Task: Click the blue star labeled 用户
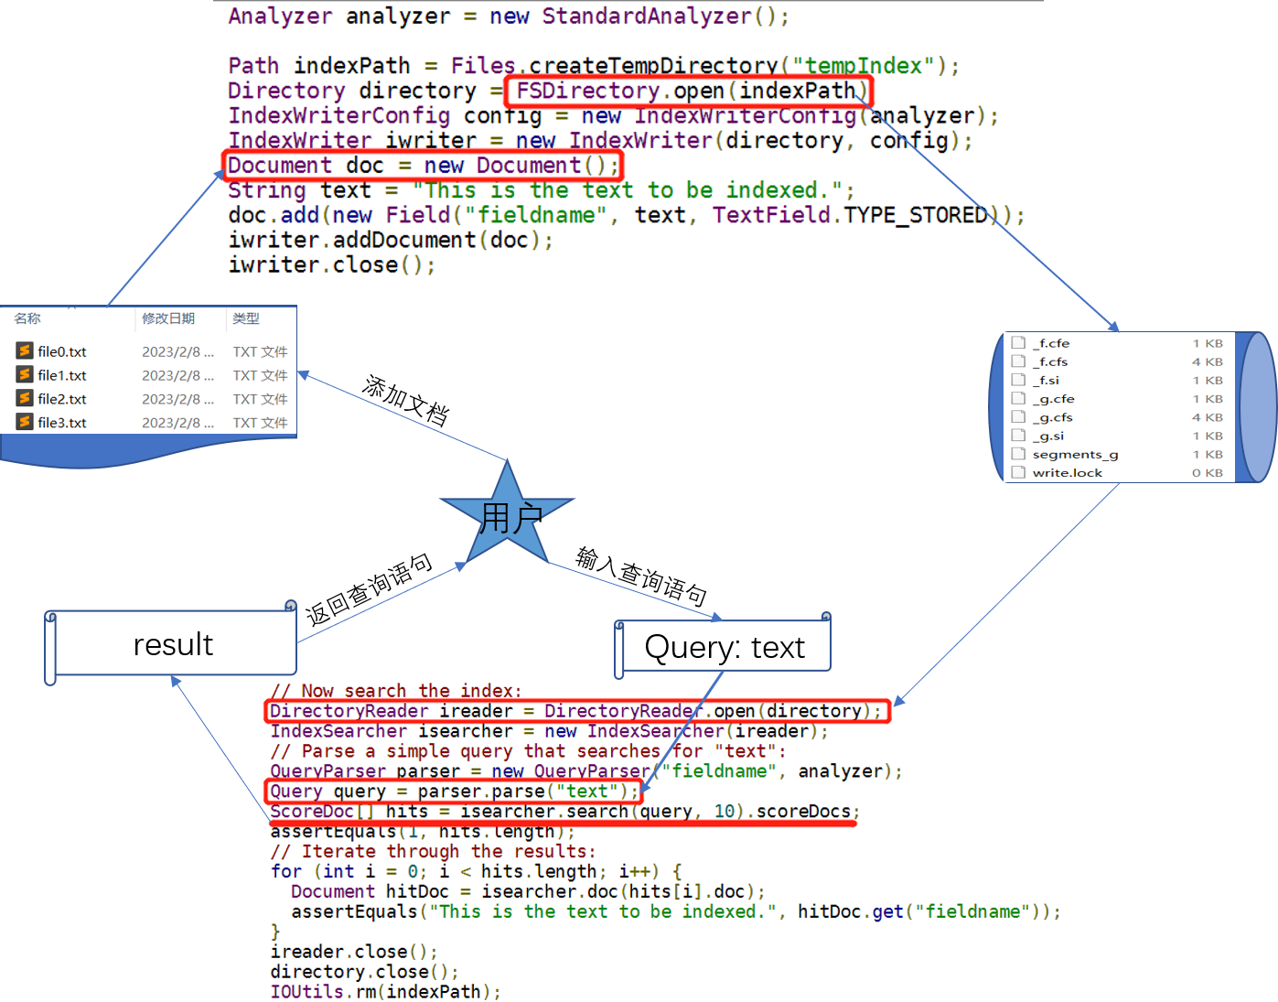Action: (x=507, y=517)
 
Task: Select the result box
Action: (x=173, y=644)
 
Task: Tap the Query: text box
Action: (x=725, y=647)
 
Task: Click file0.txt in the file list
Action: (x=62, y=351)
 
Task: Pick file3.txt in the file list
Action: (x=62, y=423)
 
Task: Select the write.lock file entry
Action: (x=1067, y=473)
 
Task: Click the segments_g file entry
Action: (x=1075, y=455)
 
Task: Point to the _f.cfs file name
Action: (x=1051, y=362)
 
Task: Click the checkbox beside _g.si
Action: (x=1018, y=436)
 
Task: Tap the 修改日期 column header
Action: (x=168, y=318)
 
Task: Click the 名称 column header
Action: (x=27, y=318)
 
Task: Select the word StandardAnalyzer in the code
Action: (x=646, y=16)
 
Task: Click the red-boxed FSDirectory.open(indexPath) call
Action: (x=689, y=91)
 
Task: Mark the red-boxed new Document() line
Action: (x=422, y=166)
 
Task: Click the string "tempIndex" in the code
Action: (x=863, y=66)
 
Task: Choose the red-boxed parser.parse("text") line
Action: (x=454, y=792)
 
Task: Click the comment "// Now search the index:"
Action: (x=396, y=691)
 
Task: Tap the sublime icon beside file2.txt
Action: (x=25, y=399)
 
